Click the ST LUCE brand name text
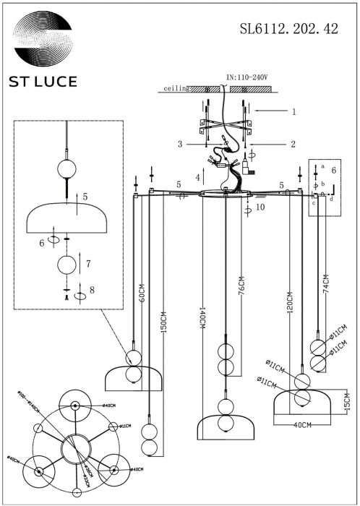point(43,81)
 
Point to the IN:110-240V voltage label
point(249,77)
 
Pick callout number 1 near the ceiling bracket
point(293,112)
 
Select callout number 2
point(293,144)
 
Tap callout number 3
point(181,144)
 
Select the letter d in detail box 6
point(331,200)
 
